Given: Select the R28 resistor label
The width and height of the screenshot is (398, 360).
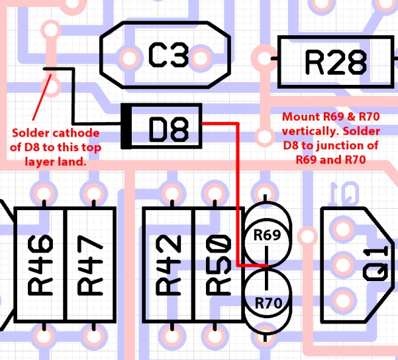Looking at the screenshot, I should point(335,62).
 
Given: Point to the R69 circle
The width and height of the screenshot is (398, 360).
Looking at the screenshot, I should point(266,234).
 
